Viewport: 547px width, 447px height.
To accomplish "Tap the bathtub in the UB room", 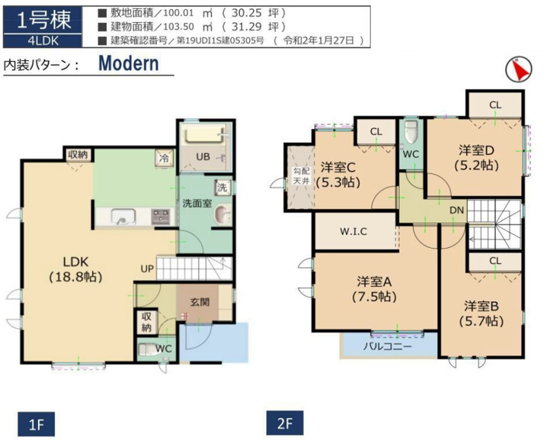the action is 205,134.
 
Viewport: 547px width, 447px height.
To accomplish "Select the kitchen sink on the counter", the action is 123,217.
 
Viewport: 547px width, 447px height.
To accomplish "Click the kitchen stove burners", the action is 161,217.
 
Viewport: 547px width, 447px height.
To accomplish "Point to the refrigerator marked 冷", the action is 164,158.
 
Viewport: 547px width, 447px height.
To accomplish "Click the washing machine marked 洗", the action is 222,188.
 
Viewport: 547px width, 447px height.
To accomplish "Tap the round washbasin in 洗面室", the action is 222,214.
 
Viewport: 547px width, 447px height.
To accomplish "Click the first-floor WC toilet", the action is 148,350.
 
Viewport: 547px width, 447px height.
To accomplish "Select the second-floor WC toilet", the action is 411,132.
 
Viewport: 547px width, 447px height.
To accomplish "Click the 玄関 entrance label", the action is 200,302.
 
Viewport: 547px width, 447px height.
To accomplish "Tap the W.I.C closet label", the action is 353,231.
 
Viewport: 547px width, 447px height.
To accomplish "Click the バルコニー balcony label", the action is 388,346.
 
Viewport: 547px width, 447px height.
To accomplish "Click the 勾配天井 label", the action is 301,176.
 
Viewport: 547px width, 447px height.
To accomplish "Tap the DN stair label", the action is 456,211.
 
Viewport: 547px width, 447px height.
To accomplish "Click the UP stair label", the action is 147,269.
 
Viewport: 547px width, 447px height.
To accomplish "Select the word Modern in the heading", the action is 129,63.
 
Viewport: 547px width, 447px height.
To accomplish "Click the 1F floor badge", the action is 37,424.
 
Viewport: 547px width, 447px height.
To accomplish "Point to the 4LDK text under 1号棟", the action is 43,41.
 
